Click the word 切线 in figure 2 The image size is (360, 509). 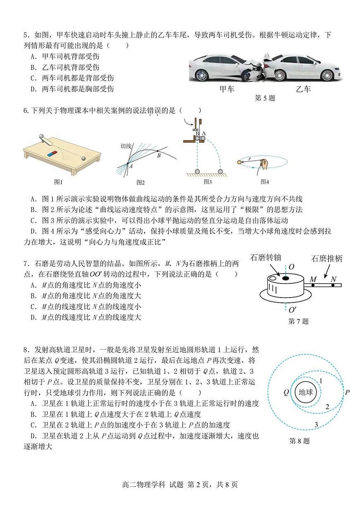click(126, 146)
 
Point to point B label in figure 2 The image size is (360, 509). click(158, 156)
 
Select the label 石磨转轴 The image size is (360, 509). click(266, 257)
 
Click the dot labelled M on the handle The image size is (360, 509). click(313, 285)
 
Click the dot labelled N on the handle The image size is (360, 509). click(333, 285)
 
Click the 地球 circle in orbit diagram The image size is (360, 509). click(306, 392)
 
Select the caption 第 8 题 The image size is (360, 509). click(299, 441)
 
